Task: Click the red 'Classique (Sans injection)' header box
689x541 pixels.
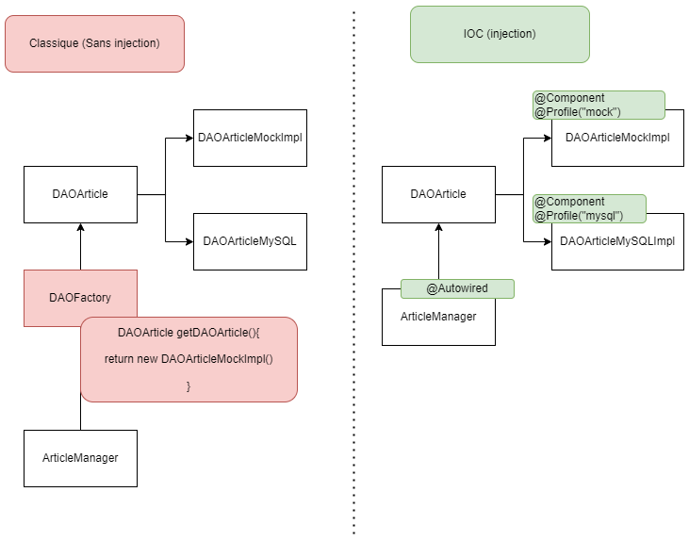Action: pos(94,43)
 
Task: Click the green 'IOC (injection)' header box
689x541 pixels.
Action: pos(500,34)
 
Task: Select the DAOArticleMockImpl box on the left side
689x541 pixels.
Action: pos(250,138)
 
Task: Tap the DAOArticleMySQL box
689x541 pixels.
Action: pos(250,241)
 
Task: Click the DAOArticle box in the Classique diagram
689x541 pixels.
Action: pos(80,194)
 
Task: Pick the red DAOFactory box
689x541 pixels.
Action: pos(80,298)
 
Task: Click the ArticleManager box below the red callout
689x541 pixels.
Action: pos(80,458)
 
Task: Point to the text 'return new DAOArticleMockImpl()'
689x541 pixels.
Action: pos(189,359)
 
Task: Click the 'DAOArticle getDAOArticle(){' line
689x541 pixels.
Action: pos(189,333)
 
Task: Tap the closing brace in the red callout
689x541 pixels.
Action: pos(189,385)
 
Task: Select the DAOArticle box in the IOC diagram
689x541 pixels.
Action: pos(438,194)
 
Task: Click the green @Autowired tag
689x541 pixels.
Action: pos(457,288)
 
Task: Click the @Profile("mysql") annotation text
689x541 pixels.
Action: pos(579,216)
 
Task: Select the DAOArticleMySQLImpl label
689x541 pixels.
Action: pos(617,241)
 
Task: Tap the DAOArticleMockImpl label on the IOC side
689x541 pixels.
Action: pos(617,138)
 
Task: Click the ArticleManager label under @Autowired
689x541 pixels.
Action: pos(438,317)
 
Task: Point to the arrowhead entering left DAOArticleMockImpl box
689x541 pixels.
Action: pos(189,138)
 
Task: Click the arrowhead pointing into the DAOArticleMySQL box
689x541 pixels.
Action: pos(189,241)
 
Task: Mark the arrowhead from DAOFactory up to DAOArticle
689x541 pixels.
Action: pos(80,227)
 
